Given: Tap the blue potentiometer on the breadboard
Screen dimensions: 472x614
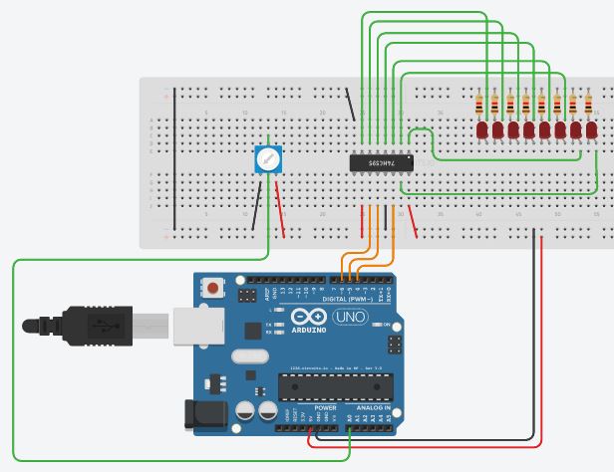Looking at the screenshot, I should [267, 158].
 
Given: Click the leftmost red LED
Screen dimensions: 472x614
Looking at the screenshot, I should [481, 130].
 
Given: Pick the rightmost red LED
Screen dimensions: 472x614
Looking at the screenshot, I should [588, 130].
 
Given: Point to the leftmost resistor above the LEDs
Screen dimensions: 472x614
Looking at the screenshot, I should [481, 105].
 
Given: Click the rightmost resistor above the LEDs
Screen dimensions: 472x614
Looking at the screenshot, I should [588, 105].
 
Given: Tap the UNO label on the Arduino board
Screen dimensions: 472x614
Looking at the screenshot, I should [348, 317].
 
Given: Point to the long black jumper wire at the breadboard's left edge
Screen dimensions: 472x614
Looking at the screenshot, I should [175, 158].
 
